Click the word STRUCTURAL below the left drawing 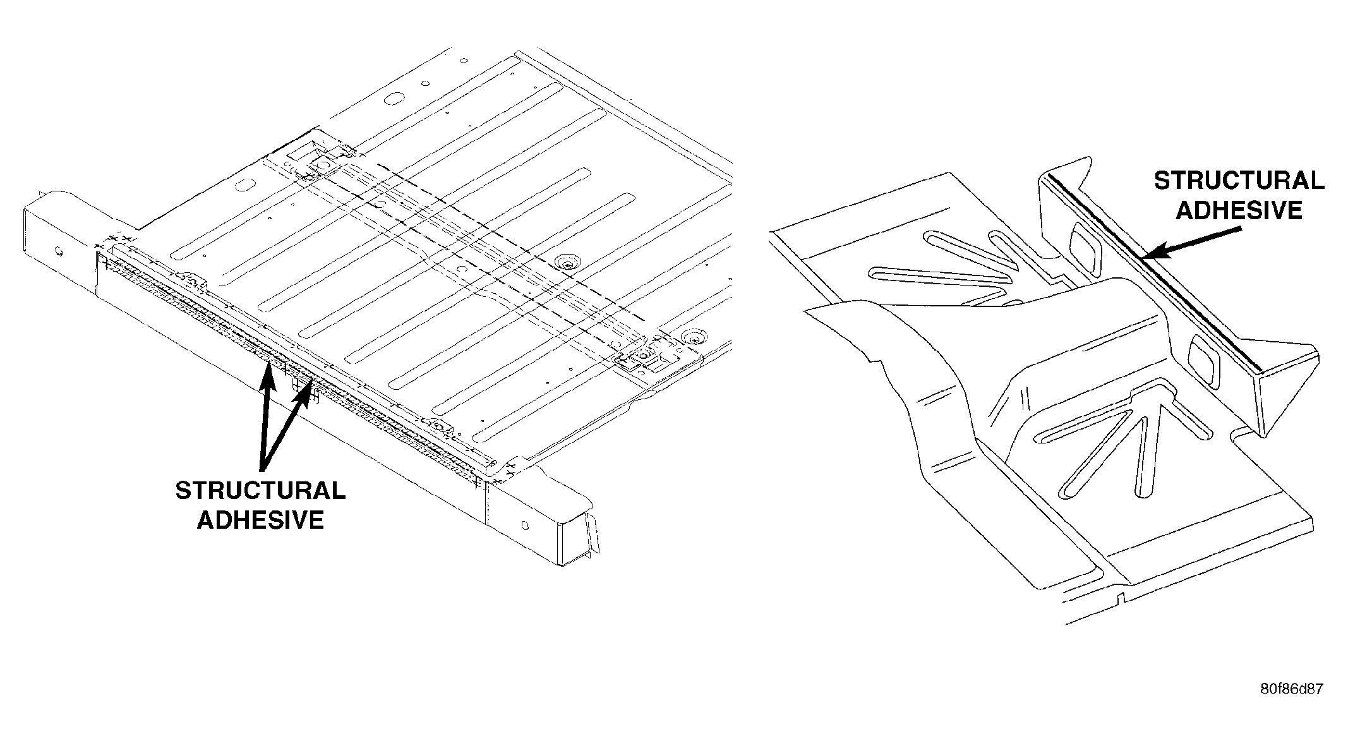click(x=260, y=491)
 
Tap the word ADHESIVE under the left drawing click(x=261, y=520)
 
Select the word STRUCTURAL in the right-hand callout click(x=1239, y=181)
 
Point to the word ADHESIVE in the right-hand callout click(x=1239, y=210)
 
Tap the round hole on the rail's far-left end click(x=59, y=252)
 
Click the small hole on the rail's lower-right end click(x=525, y=524)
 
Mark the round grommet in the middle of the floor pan click(x=566, y=262)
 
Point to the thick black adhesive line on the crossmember click(x=1150, y=273)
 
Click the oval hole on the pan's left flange click(x=243, y=186)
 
